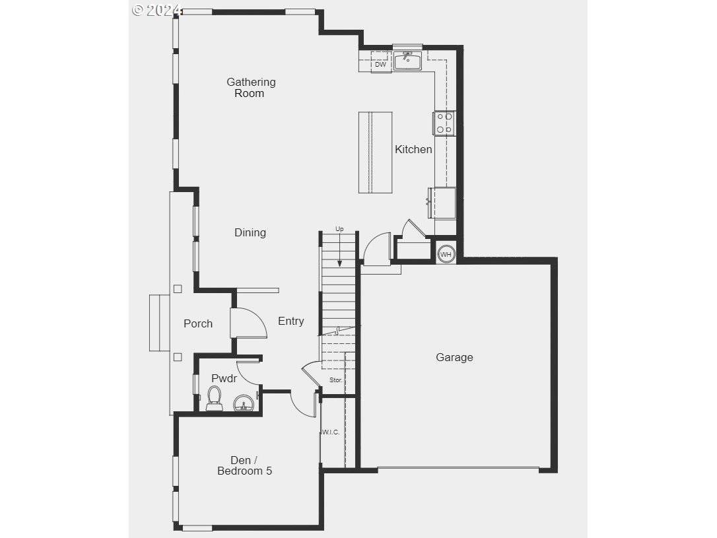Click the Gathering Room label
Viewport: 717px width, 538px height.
[x=251, y=88]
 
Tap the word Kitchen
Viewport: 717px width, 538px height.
[x=413, y=149]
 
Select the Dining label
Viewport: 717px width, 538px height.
[x=250, y=232]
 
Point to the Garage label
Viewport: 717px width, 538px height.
[x=454, y=357]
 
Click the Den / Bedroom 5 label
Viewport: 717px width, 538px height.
[x=245, y=466]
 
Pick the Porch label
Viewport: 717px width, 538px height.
[x=198, y=323]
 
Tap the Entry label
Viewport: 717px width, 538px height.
[x=290, y=321]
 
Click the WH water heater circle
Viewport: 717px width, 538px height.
[x=446, y=254]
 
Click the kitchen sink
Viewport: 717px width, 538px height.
[x=408, y=61]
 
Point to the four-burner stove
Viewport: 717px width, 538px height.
[x=444, y=123]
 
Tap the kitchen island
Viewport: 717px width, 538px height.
[x=376, y=152]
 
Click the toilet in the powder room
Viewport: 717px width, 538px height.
[x=214, y=399]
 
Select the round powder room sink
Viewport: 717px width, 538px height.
[x=243, y=403]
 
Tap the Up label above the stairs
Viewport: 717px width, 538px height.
[x=339, y=229]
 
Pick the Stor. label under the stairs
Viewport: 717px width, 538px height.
[x=335, y=380]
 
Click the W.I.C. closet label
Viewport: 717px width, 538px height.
[x=330, y=432]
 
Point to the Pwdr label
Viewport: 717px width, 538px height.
[x=224, y=378]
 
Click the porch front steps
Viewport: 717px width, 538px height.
[x=160, y=323]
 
